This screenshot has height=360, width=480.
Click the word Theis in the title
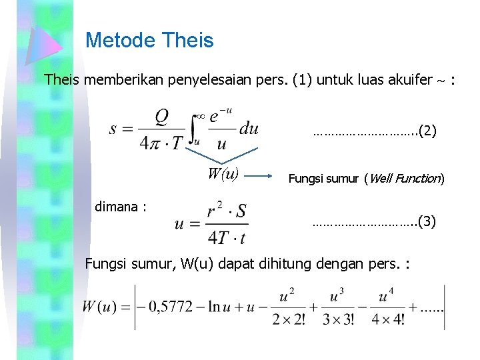click(x=188, y=40)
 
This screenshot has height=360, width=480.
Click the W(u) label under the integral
click(x=223, y=175)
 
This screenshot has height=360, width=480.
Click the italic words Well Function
click(x=404, y=178)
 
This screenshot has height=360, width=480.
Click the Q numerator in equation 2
click(x=162, y=117)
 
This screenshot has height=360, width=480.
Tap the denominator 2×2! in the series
click(x=289, y=319)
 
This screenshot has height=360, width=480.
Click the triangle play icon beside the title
click(x=43, y=41)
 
